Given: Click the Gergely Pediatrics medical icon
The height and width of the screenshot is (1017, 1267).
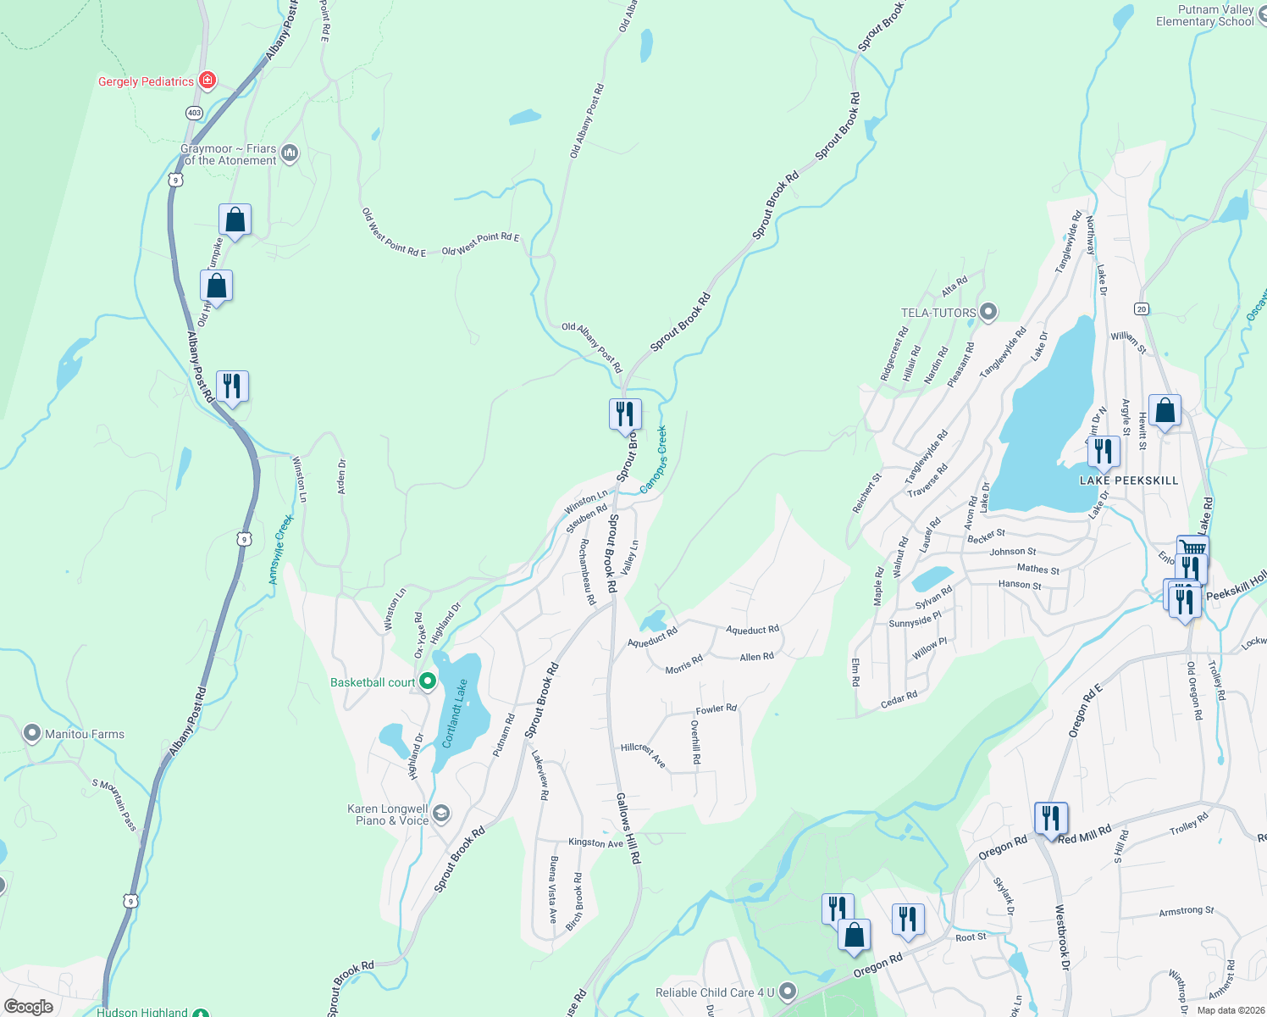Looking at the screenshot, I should [x=207, y=81].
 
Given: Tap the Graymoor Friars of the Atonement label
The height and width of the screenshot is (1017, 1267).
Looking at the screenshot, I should [x=230, y=154].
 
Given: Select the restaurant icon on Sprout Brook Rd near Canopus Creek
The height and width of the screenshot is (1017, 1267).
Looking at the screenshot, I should [x=625, y=414].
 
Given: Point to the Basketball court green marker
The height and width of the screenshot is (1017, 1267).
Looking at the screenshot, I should [x=428, y=681].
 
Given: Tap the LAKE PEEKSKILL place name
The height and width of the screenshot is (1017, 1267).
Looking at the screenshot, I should [x=1128, y=481].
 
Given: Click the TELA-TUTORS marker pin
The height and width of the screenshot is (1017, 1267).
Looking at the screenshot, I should [x=988, y=313].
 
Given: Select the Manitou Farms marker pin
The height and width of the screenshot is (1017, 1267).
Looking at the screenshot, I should [x=32, y=733].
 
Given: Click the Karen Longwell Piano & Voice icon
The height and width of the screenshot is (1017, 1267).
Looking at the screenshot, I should [x=440, y=814].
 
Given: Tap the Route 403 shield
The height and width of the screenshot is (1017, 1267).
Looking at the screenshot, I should [x=194, y=113].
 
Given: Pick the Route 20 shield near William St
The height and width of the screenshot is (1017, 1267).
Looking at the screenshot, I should [x=1142, y=308].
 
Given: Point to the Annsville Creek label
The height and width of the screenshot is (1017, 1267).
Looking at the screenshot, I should [x=280, y=549].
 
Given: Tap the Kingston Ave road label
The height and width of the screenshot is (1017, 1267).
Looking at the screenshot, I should [x=595, y=842].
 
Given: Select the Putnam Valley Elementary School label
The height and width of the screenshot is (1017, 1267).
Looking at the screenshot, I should [x=1204, y=15].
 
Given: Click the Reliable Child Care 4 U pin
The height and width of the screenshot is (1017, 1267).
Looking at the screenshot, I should [x=788, y=991].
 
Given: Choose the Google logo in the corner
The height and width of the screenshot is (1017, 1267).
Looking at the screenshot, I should [x=28, y=1006].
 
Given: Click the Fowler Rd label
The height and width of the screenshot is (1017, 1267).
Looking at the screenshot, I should [x=716, y=709].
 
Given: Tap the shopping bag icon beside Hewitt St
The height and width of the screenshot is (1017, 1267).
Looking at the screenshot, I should [x=1165, y=411].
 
